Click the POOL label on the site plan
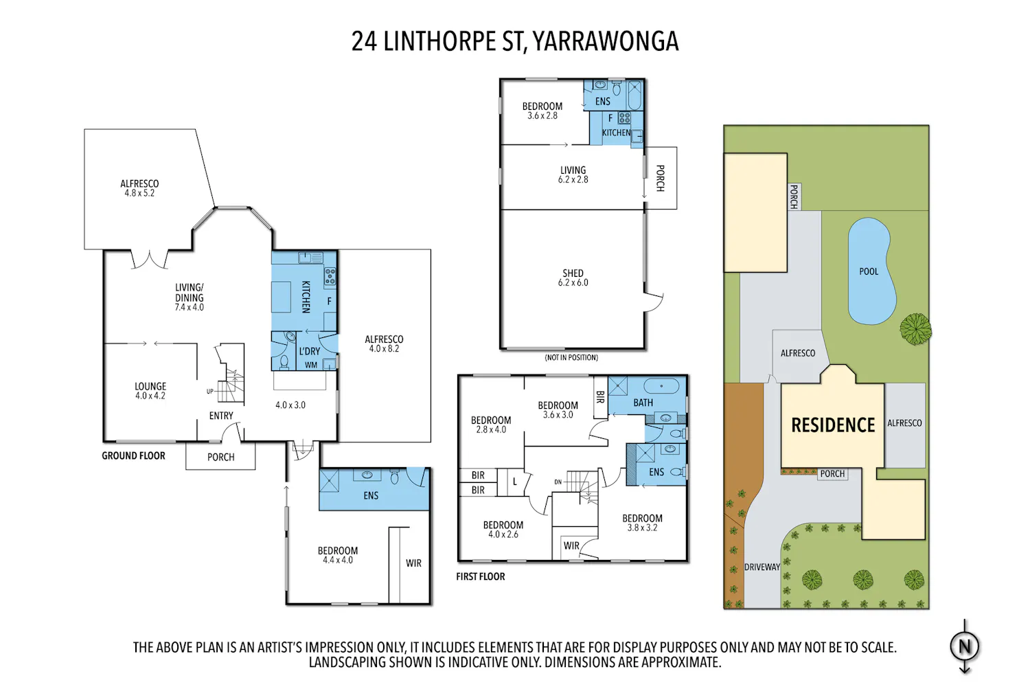click(x=869, y=271)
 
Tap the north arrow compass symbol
click(x=964, y=646)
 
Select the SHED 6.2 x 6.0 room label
click(x=573, y=278)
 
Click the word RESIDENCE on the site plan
click(x=833, y=425)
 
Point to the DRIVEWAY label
click(x=762, y=567)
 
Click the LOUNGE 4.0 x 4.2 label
click(x=150, y=391)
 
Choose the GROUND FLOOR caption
click(x=133, y=455)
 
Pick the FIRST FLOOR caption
click(x=481, y=576)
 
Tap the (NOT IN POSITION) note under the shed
click(x=571, y=357)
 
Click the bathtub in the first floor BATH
click(x=661, y=385)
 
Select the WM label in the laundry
click(x=311, y=365)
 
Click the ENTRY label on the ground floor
click(x=221, y=416)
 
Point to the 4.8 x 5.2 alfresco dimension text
click(x=139, y=193)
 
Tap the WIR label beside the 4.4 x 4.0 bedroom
click(x=413, y=563)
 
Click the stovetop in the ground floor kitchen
click(x=330, y=276)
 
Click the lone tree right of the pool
click(x=915, y=329)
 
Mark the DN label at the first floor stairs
click(x=558, y=482)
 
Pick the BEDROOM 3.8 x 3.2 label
click(x=642, y=523)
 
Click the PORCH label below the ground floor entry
click(x=220, y=458)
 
